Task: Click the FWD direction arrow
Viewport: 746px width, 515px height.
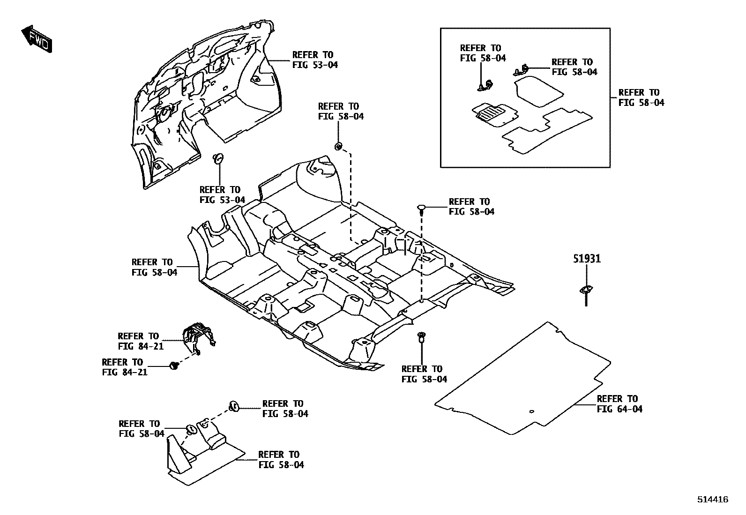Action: coord(37,39)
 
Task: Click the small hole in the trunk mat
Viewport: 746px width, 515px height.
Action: coord(531,412)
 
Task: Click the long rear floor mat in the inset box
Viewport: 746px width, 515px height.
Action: coord(546,131)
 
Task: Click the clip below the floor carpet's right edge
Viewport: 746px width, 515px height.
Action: coord(421,336)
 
